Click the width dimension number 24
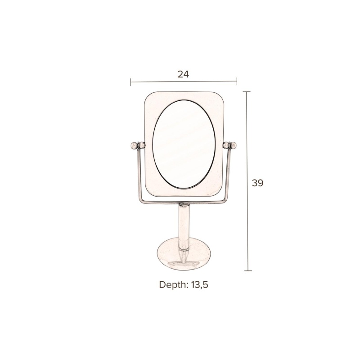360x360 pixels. click(183, 74)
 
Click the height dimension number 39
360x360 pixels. click(257, 183)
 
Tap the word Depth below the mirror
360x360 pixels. click(173, 285)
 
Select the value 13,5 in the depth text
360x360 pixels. click(199, 285)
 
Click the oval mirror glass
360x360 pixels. click(184, 144)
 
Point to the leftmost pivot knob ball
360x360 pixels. click(133, 145)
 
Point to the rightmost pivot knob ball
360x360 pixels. click(234, 145)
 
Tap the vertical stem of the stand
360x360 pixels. click(184, 226)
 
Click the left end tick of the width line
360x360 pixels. click(131, 82)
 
